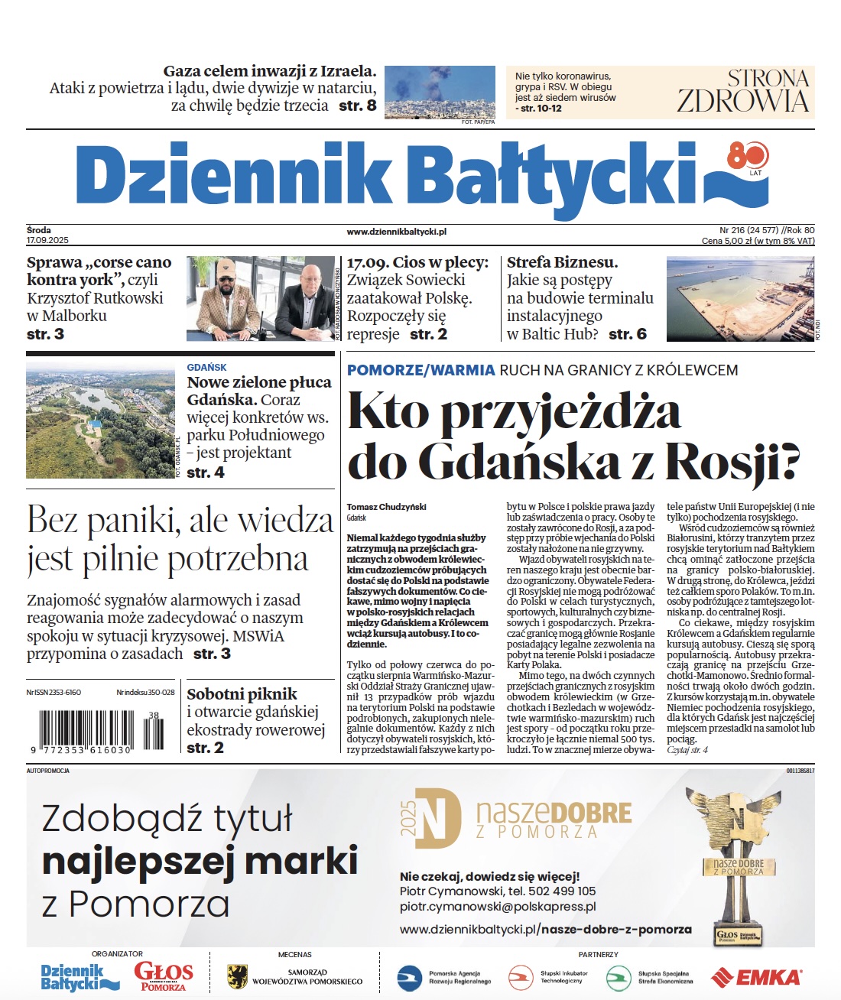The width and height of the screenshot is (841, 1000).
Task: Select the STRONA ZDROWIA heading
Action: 742,91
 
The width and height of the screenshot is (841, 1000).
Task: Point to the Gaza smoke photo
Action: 440,91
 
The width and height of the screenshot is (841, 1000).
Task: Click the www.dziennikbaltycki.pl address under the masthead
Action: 396,232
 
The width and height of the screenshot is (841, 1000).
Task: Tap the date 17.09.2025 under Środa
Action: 47,240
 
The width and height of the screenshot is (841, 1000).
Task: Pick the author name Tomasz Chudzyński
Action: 386,506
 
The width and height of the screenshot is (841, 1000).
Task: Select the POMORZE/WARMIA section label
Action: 420,370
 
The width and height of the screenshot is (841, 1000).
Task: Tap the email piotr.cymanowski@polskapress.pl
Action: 497,907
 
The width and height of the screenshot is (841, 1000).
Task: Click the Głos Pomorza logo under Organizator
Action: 163,976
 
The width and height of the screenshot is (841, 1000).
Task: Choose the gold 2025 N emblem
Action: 431,819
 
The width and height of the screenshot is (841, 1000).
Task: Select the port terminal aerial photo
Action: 740,298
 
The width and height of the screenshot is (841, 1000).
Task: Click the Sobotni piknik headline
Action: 242,694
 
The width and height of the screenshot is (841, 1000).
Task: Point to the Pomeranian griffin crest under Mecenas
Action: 237,976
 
